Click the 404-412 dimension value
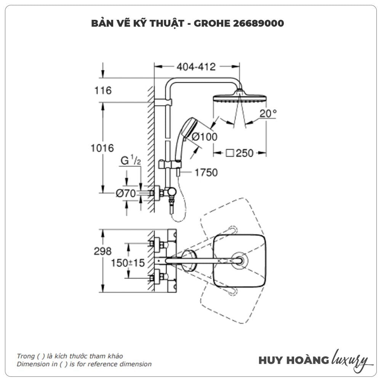click(x=196, y=67)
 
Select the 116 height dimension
click(x=103, y=90)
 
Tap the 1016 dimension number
click(x=102, y=148)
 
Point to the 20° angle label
click(x=268, y=113)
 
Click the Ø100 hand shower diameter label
click(x=204, y=137)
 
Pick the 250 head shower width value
click(x=245, y=153)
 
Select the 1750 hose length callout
click(x=206, y=173)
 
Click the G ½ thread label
click(x=131, y=160)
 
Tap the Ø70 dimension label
click(x=126, y=193)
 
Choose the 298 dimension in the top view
click(x=102, y=251)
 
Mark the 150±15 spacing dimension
click(x=128, y=263)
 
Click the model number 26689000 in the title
click(x=259, y=23)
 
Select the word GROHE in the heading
click(x=212, y=23)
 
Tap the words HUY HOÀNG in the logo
click(x=294, y=360)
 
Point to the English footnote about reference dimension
click(x=84, y=364)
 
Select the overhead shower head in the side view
click(x=240, y=96)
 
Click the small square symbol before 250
click(x=230, y=153)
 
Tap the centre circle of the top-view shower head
click(x=239, y=261)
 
